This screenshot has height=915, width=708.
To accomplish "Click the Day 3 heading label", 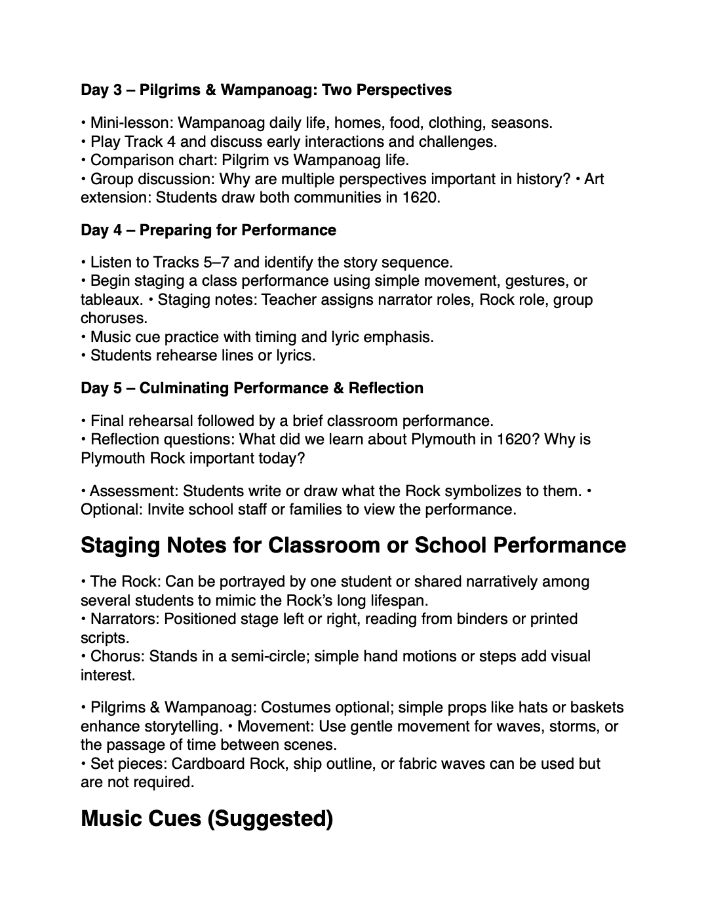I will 101,90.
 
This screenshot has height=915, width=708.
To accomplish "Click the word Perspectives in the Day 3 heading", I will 409,90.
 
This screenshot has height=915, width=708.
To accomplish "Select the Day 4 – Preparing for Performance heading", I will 208,230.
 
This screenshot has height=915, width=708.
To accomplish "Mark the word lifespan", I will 395,600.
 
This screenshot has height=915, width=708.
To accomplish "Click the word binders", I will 480,619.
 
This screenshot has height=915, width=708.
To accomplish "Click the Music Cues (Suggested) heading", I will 206,819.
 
